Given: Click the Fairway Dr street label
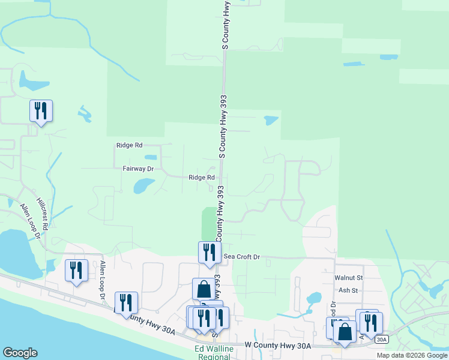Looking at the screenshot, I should (x=138, y=169).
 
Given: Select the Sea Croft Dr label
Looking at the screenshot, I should (x=241, y=257).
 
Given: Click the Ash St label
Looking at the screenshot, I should (x=348, y=290).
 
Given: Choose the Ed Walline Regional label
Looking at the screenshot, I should (x=212, y=353).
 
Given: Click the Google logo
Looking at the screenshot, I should (x=20, y=353).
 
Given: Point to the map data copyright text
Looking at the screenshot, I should (x=412, y=355).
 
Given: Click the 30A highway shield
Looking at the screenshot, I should (x=381, y=340).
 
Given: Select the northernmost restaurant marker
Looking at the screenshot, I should (x=41, y=111).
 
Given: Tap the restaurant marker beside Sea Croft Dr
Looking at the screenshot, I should (x=209, y=252).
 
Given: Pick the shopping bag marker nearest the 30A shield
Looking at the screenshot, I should (x=345, y=333).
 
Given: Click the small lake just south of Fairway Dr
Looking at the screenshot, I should (x=143, y=186).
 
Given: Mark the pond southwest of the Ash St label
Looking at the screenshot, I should (x=313, y=298).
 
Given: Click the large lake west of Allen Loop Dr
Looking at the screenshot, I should (x=14, y=252).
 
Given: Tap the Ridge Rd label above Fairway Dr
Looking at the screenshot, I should (x=129, y=145).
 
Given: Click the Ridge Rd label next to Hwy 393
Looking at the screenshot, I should (x=202, y=178).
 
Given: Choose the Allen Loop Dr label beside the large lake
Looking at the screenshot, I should (x=29, y=220).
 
